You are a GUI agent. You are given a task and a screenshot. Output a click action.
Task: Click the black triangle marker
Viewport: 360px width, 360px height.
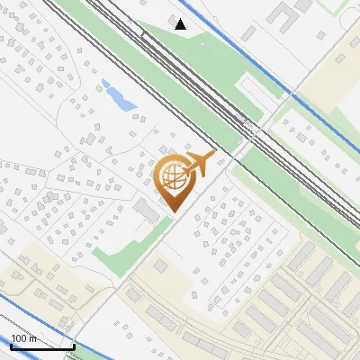pyautogui.click(x=181, y=24)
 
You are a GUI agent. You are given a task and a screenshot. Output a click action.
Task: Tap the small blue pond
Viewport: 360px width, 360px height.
pyautogui.click(x=119, y=94)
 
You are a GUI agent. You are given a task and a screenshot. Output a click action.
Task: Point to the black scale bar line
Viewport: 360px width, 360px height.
pyautogui.click(x=42, y=346)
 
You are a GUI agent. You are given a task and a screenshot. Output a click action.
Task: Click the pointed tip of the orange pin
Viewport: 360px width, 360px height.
pyautogui.click(x=173, y=211)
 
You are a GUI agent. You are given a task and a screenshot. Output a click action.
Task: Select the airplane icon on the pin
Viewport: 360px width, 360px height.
pyautogui.click(x=200, y=163)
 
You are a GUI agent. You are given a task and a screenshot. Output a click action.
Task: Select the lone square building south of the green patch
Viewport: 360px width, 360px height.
pyautogui.click(x=161, y=266)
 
